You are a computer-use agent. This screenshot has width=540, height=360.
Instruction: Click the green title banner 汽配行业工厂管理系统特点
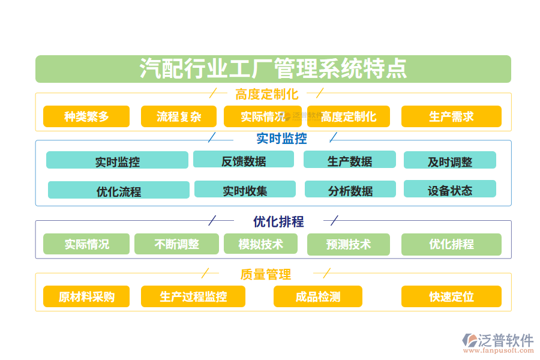pos(273,69)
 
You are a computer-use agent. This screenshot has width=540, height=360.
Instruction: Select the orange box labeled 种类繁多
pos(86,116)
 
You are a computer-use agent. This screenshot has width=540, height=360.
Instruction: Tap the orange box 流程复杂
pos(179,116)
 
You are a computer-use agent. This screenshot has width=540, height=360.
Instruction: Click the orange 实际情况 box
pos(262,116)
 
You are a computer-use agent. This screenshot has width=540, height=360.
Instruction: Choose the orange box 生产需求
pos(451,116)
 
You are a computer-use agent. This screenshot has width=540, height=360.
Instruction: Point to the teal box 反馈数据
pos(244,160)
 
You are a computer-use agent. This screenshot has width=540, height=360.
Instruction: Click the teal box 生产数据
pos(349,160)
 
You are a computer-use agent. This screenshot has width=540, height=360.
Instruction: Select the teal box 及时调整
pos(449,160)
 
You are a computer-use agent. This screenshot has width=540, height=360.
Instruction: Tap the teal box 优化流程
pos(119,190)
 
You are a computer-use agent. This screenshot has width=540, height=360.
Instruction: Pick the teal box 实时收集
pos(245,190)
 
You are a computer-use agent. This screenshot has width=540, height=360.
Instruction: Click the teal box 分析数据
pos(350,190)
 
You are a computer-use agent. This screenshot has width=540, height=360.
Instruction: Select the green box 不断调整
pos(176,244)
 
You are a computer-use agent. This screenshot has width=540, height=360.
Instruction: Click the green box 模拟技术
pos(260,244)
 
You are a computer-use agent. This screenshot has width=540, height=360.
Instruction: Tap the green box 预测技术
pos(348,244)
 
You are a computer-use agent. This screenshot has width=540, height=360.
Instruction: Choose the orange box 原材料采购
pos(86,296)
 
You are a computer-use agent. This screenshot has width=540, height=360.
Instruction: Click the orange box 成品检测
pos(317,296)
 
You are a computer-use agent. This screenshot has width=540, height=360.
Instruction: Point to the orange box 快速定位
pos(451,296)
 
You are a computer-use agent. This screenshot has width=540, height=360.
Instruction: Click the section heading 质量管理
pos(266,274)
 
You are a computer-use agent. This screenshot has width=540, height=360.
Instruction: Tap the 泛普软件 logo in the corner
pos(498,343)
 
